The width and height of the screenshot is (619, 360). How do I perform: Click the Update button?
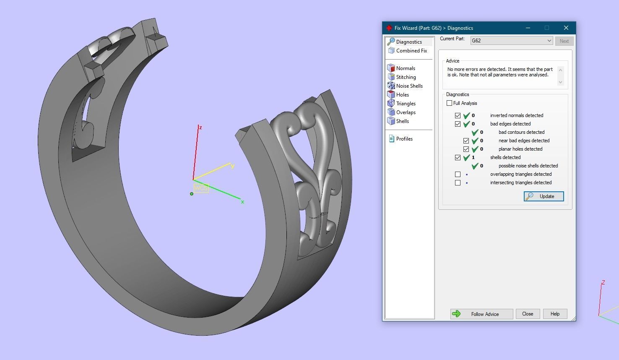click(x=544, y=196)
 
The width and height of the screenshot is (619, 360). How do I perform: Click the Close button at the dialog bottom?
click(x=528, y=314)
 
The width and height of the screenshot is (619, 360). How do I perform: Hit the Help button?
click(x=555, y=314)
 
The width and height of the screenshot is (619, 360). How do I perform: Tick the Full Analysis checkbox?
click(x=450, y=103)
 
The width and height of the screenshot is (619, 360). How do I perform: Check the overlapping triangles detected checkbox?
click(x=458, y=174)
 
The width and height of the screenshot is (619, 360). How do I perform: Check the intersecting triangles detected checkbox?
click(x=458, y=183)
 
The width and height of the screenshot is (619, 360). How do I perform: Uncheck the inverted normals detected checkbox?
click(x=458, y=115)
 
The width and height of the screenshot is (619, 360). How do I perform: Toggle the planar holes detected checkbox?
click(x=466, y=149)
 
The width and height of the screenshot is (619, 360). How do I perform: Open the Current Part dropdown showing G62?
click(x=511, y=41)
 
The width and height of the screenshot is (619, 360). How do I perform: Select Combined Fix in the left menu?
click(x=411, y=51)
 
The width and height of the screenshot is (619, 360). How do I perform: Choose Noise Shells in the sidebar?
click(x=409, y=86)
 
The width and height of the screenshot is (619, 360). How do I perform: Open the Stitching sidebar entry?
click(x=406, y=77)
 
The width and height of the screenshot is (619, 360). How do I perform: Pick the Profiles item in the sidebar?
click(x=404, y=139)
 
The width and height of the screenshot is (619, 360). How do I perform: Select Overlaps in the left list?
click(x=406, y=112)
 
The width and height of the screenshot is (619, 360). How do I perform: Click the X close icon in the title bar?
click(x=566, y=28)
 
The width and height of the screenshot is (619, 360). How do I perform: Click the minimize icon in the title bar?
click(x=528, y=28)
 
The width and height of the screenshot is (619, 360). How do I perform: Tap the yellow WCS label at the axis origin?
click(x=201, y=188)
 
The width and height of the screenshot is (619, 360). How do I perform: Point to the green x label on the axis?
click(x=242, y=202)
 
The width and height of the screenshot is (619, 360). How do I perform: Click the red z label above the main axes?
click(x=200, y=128)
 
